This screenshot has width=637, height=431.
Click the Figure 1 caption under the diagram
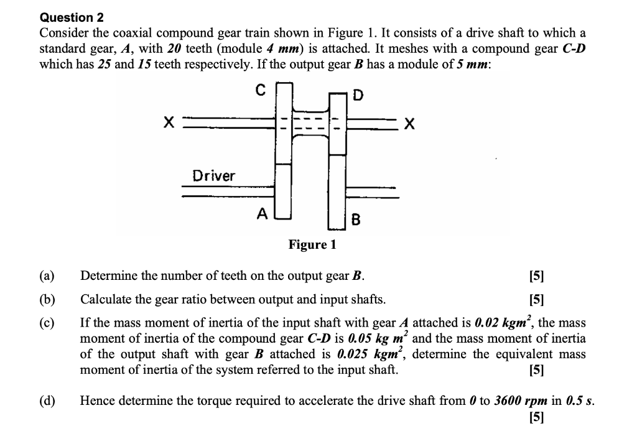click(x=312, y=244)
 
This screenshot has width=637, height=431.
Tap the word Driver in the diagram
click(x=213, y=175)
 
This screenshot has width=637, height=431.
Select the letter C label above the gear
click(x=262, y=91)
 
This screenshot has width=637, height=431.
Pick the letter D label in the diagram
click(x=358, y=96)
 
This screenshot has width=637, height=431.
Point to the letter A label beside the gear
click(x=263, y=214)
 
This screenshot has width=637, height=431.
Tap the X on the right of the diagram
click(x=408, y=124)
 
